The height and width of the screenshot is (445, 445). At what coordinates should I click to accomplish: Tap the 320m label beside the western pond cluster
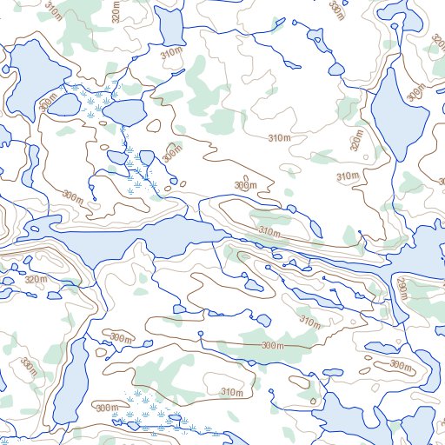36,280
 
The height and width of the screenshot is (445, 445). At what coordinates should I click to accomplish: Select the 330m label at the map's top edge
337,8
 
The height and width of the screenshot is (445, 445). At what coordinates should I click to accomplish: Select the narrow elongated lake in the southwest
72,382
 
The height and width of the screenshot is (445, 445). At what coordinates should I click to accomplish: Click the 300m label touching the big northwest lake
53,103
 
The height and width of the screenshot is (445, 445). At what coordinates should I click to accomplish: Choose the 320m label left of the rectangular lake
117,11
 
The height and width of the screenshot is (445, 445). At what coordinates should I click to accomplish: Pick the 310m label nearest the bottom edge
231,392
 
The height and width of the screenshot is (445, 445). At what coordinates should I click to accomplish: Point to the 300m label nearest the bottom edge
106,408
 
